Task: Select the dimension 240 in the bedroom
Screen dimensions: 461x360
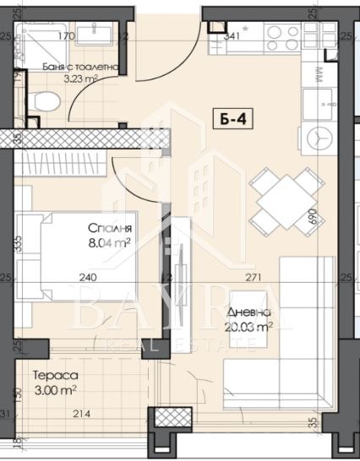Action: (90, 277)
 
